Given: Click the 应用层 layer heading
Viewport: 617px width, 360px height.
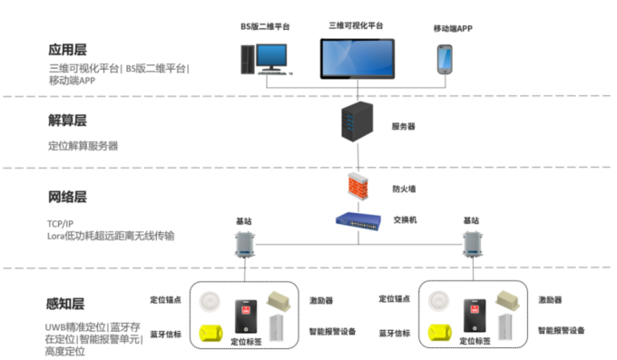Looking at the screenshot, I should click(69, 50).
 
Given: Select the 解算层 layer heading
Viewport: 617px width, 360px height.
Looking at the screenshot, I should click(69, 121).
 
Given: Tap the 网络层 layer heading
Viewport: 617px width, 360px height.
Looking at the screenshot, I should click(69, 197).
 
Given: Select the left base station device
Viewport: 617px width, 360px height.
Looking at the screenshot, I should click(244, 244).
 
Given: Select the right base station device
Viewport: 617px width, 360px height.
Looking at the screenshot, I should click(471, 244).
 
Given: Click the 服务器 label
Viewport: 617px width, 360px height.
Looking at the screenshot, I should click(403, 126).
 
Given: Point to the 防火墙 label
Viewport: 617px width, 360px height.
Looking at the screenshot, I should click(404, 190).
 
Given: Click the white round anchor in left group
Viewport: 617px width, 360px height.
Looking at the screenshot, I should click(214, 302).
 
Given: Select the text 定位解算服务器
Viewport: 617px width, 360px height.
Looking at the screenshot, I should click(83, 145).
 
